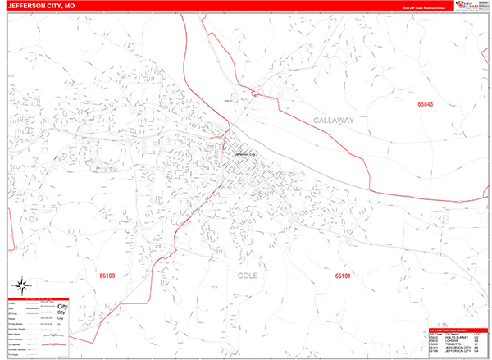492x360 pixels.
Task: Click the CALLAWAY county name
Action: [333, 120]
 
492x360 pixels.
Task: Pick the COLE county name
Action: [248, 276]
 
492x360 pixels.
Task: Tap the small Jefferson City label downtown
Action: [245, 153]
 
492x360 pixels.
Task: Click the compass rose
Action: [24, 286]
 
